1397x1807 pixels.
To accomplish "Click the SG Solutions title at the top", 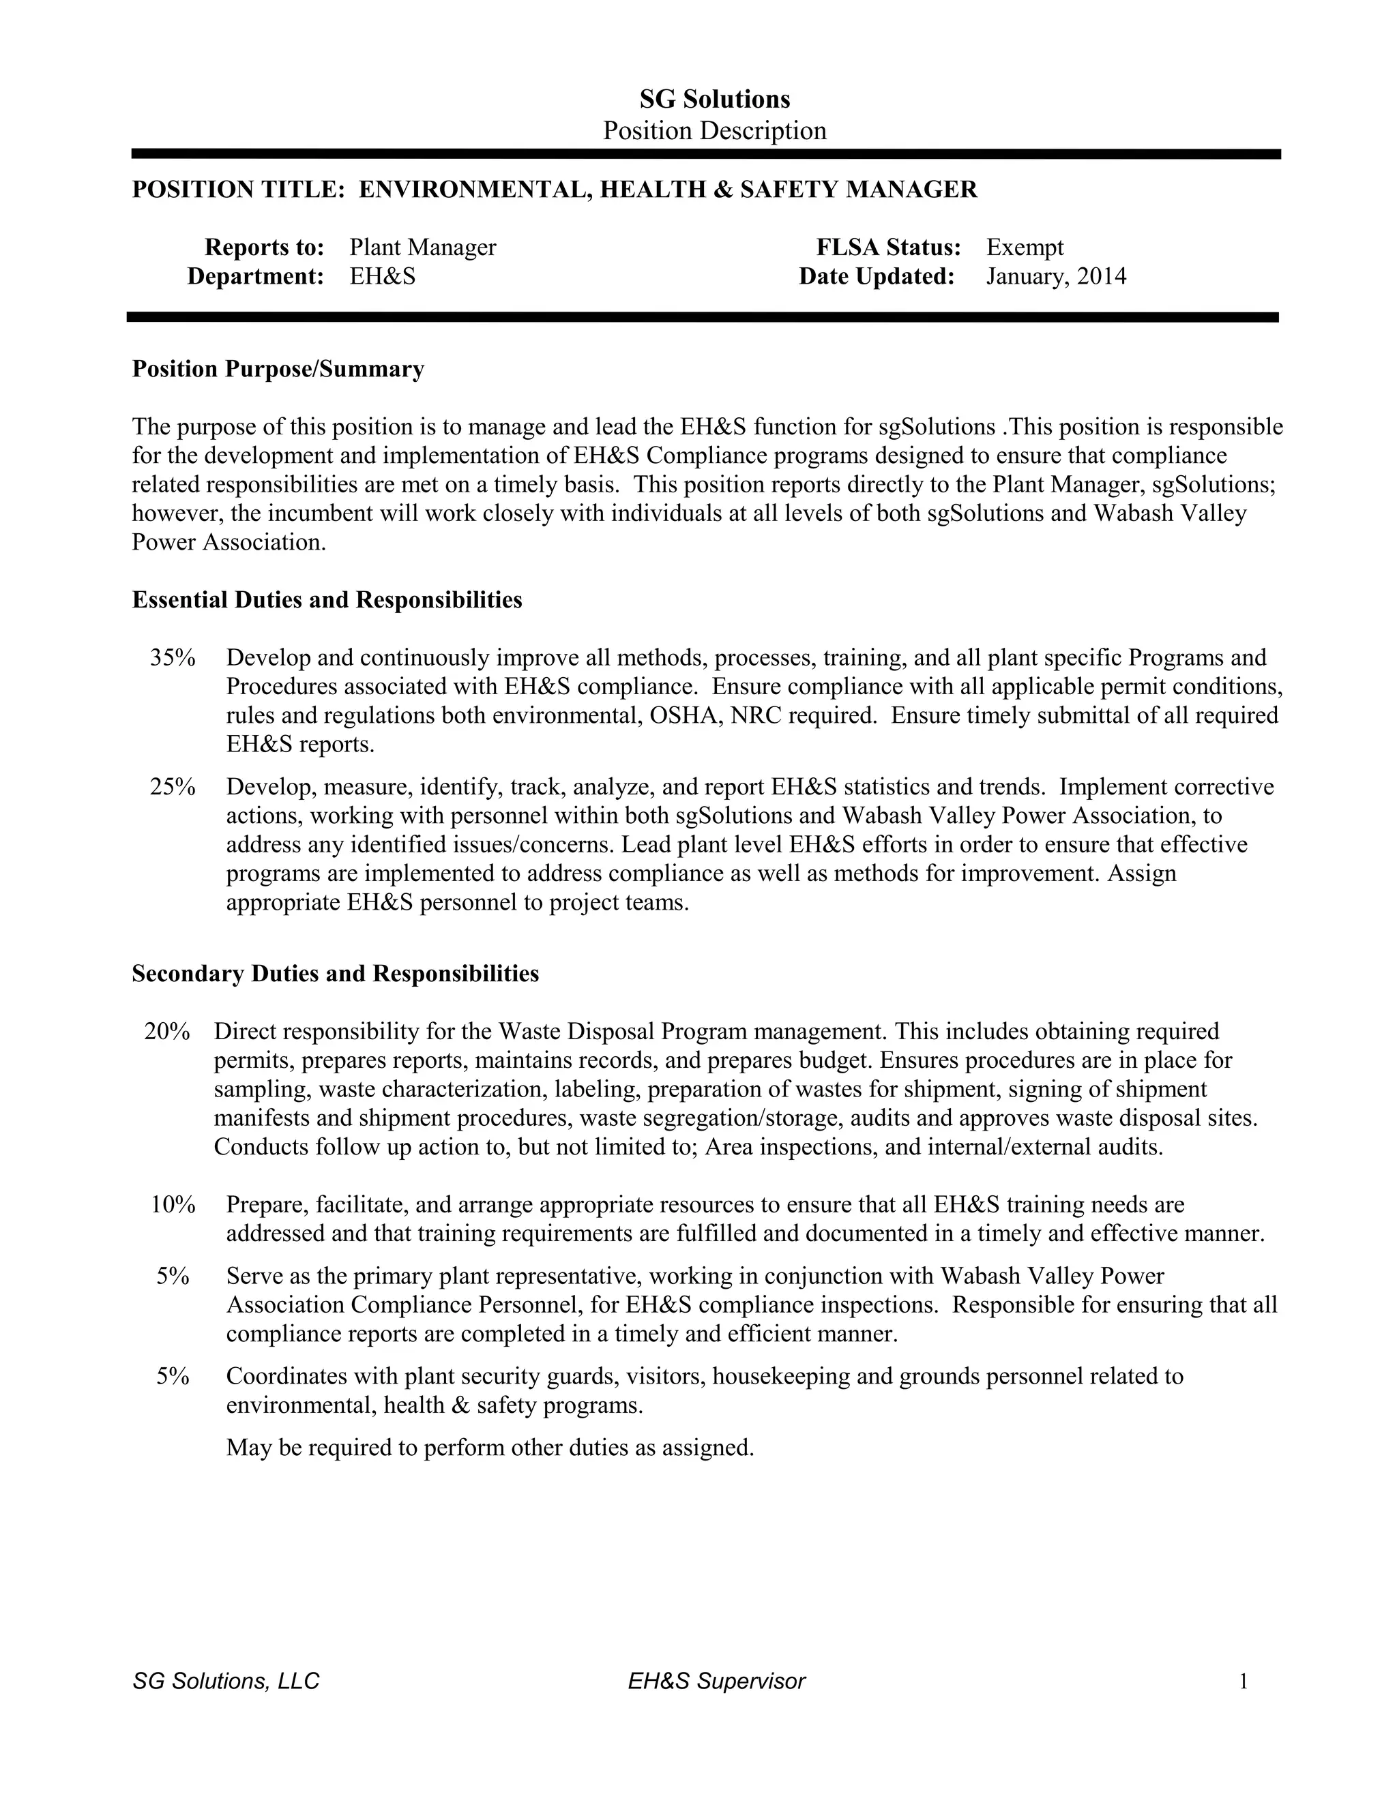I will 714,100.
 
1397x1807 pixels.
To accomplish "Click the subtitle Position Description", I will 714,131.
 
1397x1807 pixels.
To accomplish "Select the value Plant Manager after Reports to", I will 422,248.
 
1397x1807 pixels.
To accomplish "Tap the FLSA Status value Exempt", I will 1025,248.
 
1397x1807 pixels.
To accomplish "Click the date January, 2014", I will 1055,276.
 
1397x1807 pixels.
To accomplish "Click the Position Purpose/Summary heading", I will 278,369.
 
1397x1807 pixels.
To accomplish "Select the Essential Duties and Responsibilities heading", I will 327,600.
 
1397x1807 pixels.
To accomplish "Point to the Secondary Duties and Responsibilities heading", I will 335,974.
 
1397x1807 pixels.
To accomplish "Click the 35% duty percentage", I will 172,659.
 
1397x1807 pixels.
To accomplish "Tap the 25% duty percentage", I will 172,787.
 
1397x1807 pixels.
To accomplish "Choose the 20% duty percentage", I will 167,1032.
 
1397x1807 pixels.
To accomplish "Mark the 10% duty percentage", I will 172,1205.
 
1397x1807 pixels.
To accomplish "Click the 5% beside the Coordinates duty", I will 173,1376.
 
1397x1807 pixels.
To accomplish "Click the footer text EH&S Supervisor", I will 716,1682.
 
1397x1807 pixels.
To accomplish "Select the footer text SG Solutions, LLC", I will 226,1682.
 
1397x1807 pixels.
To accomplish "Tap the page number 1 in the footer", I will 1242,1682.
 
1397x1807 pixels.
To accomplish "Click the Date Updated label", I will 877,276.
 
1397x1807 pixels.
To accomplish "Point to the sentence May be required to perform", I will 490,1447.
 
